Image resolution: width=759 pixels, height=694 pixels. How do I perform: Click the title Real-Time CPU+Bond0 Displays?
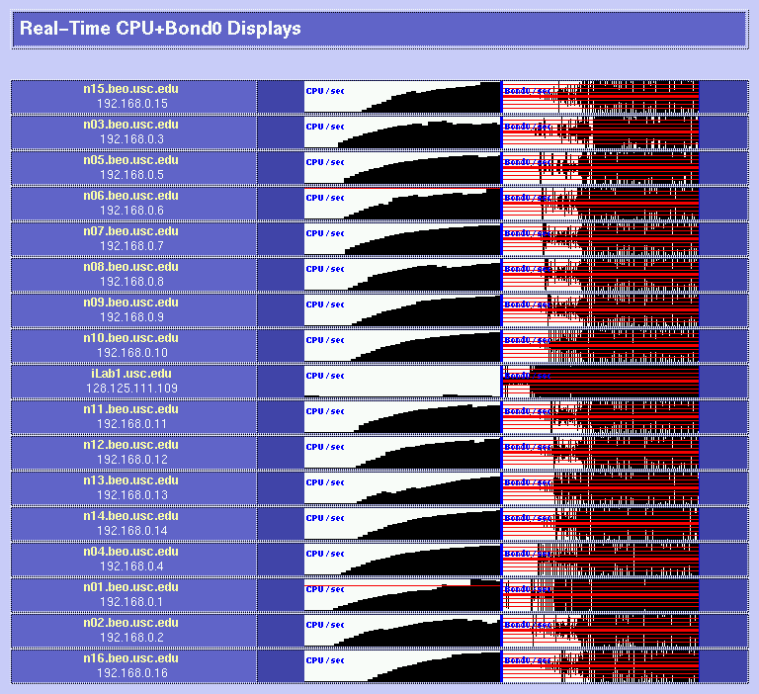tap(160, 29)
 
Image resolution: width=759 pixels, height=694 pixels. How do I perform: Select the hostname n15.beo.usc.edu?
tap(130, 89)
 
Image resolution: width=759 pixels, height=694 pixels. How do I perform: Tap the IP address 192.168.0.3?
tap(130, 139)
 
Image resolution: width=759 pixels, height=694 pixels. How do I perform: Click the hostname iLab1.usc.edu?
tap(130, 374)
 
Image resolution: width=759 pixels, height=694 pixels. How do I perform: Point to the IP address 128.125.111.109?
tap(130, 389)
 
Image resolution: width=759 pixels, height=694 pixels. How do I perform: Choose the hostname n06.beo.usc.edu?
tap(130, 196)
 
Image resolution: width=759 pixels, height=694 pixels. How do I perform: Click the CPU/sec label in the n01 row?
tap(325, 589)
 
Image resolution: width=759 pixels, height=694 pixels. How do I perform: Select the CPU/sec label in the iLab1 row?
tap(325, 376)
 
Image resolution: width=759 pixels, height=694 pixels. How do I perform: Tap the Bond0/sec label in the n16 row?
tap(528, 660)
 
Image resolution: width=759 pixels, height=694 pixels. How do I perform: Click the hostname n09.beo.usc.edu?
tap(130, 303)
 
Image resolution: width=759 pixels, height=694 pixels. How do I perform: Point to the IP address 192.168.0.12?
tap(130, 460)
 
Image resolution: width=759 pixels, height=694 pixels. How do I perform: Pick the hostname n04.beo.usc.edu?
tap(130, 552)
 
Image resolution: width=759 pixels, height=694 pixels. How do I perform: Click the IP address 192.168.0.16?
tap(130, 673)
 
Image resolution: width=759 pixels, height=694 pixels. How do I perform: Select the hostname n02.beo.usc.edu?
tap(130, 623)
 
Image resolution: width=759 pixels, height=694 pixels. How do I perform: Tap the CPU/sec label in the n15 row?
tap(325, 91)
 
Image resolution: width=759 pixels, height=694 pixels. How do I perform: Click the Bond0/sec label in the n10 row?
tap(528, 340)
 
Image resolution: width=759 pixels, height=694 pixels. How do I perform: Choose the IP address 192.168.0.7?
tap(130, 246)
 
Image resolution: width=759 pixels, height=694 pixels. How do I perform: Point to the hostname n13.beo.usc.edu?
tap(130, 480)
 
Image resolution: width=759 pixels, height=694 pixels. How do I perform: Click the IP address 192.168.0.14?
tap(130, 531)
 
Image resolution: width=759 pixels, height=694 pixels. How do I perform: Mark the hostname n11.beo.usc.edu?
tap(130, 409)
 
